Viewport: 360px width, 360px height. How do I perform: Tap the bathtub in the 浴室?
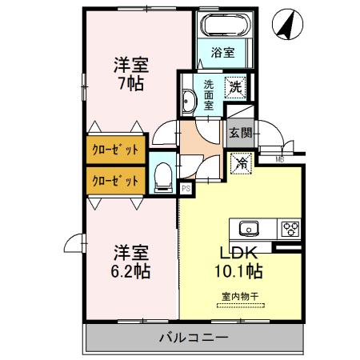tap(225, 25)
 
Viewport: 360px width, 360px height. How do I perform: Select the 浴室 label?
tap(223, 54)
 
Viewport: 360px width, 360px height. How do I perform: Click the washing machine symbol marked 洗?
tap(238, 84)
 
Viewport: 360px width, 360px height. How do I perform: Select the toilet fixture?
tap(162, 176)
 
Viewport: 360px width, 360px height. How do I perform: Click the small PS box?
tap(186, 189)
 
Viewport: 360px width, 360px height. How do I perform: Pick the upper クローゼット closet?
tap(113, 150)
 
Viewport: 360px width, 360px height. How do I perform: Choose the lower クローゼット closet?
tap(113, 180)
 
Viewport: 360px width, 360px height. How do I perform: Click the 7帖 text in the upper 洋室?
tap(129, 82)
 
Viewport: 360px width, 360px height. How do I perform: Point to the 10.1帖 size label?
tap(238, 270)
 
